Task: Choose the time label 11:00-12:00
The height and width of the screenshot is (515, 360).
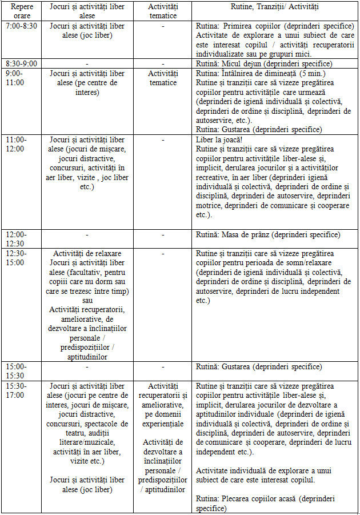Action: tap(15, 143)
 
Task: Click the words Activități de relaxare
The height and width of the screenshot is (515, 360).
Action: tap(87, 253)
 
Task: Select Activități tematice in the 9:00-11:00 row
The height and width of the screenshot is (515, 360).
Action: tap(163, 78)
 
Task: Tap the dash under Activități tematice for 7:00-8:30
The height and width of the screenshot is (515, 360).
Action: tap(163, 26)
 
